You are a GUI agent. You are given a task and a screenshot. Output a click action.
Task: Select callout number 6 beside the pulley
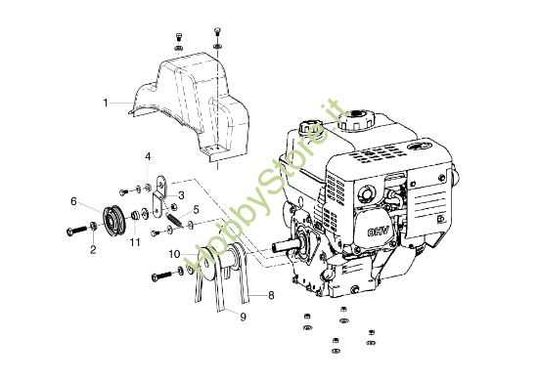tap(73, 201)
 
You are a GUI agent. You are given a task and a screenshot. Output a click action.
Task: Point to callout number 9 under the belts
tap(243, 317)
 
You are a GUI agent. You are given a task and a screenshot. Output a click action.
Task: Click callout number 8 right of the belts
tap(271, 293)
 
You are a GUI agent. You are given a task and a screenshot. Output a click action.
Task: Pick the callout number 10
tap(172, 254)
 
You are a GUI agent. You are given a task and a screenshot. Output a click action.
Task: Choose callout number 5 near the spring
tap(195, 209)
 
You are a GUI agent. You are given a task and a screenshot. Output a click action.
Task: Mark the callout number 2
tap(93, 250)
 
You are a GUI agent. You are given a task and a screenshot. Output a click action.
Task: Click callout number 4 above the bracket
tap(148, 156)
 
